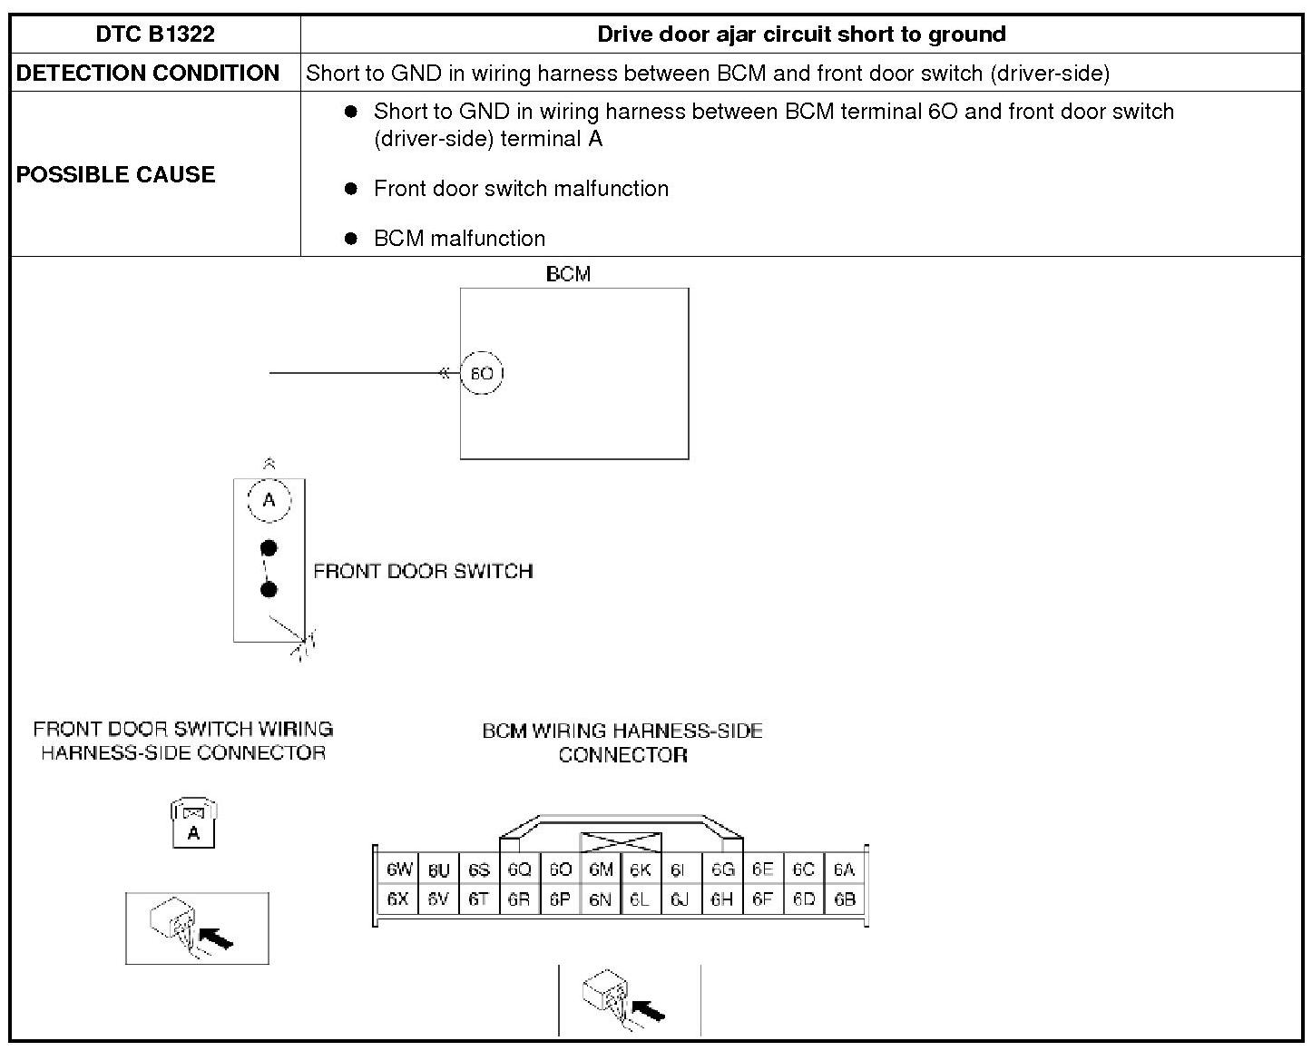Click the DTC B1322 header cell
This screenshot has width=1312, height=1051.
click(x=155, y=34)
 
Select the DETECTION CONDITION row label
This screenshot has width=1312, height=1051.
click(x=148, y=74)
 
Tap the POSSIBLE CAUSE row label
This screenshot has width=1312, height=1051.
click(x=115, y=174)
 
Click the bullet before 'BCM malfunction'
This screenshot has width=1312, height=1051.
click(x=351, y=239)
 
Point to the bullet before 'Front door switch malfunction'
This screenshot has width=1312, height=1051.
click(x=351, y=189)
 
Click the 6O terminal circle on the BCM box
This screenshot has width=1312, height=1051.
click(x=482, y=373)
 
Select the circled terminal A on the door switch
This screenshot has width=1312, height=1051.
click(x=269, y=500)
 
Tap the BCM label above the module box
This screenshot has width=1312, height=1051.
click(x=569, y=274)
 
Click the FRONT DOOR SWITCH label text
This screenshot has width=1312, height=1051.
click(x=423, y=571)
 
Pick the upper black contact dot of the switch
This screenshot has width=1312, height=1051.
click(x=269, y=548)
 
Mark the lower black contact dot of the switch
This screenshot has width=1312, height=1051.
click(x=269, y=590)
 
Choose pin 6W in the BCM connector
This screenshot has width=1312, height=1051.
click(x=399, y=869)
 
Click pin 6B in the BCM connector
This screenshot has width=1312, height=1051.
click(x=845, y=899)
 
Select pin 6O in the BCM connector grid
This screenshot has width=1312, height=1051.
click(x=560, y=869)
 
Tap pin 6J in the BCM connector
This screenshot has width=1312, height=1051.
click(x=680, y=899)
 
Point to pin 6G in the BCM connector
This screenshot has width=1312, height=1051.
click(x=722, y=869)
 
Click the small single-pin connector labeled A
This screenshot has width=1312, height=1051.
click(x=193, y=824)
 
